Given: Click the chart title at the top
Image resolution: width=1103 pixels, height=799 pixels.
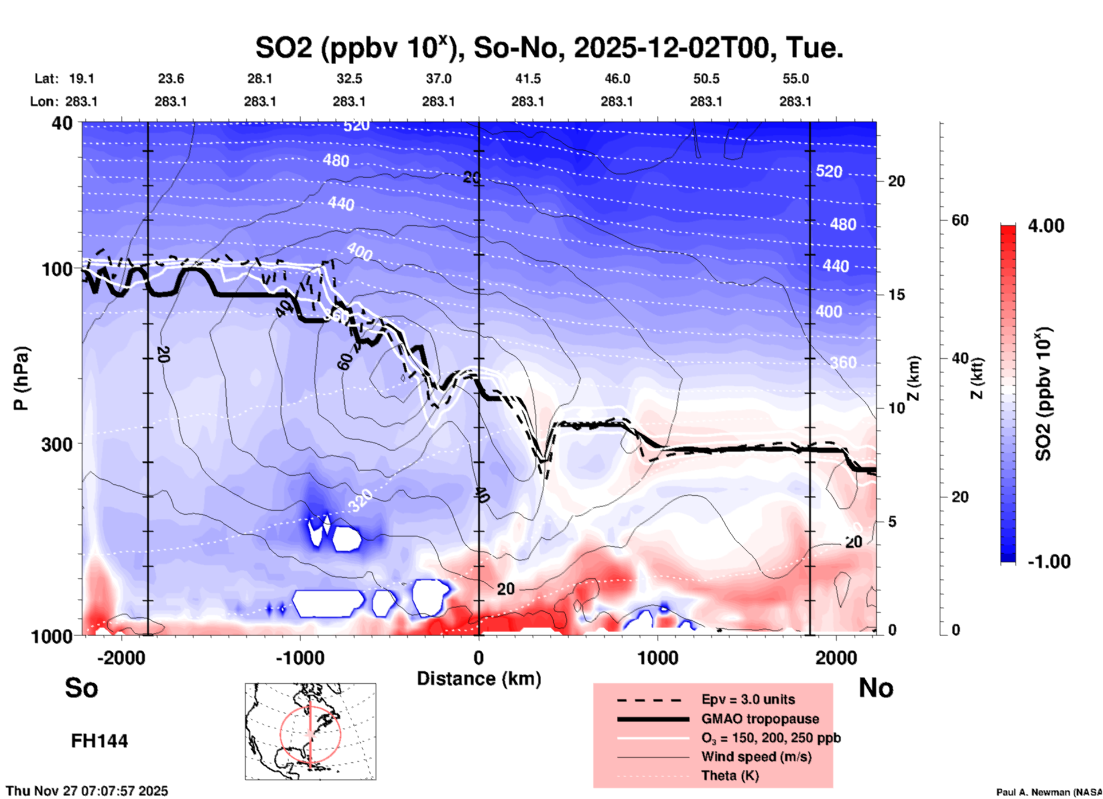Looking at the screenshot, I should click(x=549, y=48).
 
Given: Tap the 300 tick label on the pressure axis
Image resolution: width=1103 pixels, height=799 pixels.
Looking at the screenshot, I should click(x=57, y=444).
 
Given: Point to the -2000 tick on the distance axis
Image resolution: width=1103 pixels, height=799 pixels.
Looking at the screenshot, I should click(x=121, y=658).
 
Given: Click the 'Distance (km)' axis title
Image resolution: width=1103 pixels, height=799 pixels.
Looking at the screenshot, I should click(x=479, y=679).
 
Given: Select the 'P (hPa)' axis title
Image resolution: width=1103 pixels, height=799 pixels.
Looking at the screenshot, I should click(x=21, y=378).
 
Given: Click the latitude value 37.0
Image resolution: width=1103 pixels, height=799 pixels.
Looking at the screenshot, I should click(x=438, y=79).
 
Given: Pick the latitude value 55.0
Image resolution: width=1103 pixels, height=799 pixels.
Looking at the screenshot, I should click(x=795, y=79).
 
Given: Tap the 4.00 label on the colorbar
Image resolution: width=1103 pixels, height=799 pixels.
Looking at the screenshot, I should click(x=1046, y=226).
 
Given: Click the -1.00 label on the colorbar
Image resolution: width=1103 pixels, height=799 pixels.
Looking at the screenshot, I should click(x=1048, y=562).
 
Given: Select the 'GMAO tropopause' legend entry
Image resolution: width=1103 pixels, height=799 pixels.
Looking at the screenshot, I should click(x=760, y=719).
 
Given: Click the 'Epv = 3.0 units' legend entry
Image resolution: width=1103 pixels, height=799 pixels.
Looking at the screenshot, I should click(x=748, y=699).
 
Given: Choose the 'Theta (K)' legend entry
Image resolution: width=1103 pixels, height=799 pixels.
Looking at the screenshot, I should click(x=730, y=775).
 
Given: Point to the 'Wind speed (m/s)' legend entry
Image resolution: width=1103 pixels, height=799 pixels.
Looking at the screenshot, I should click(x=756, y=757).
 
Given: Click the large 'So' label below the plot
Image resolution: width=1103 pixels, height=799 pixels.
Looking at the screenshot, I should click(x=81, y=688).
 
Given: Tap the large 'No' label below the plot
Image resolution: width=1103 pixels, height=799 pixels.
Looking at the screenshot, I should click(x=876, y=688).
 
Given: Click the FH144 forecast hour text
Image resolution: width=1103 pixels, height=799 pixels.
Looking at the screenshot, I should click(x=99, y=741).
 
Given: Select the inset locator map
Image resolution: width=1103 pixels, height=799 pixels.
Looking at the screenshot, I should click(x=310, y=731).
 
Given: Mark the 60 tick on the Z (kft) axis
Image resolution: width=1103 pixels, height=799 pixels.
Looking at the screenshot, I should click(x=960, y=220).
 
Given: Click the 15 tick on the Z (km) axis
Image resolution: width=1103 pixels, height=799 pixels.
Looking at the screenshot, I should click(x=896, y=295).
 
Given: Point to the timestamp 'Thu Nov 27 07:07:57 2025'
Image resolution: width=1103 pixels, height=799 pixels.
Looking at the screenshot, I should click(x=87, y=791).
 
